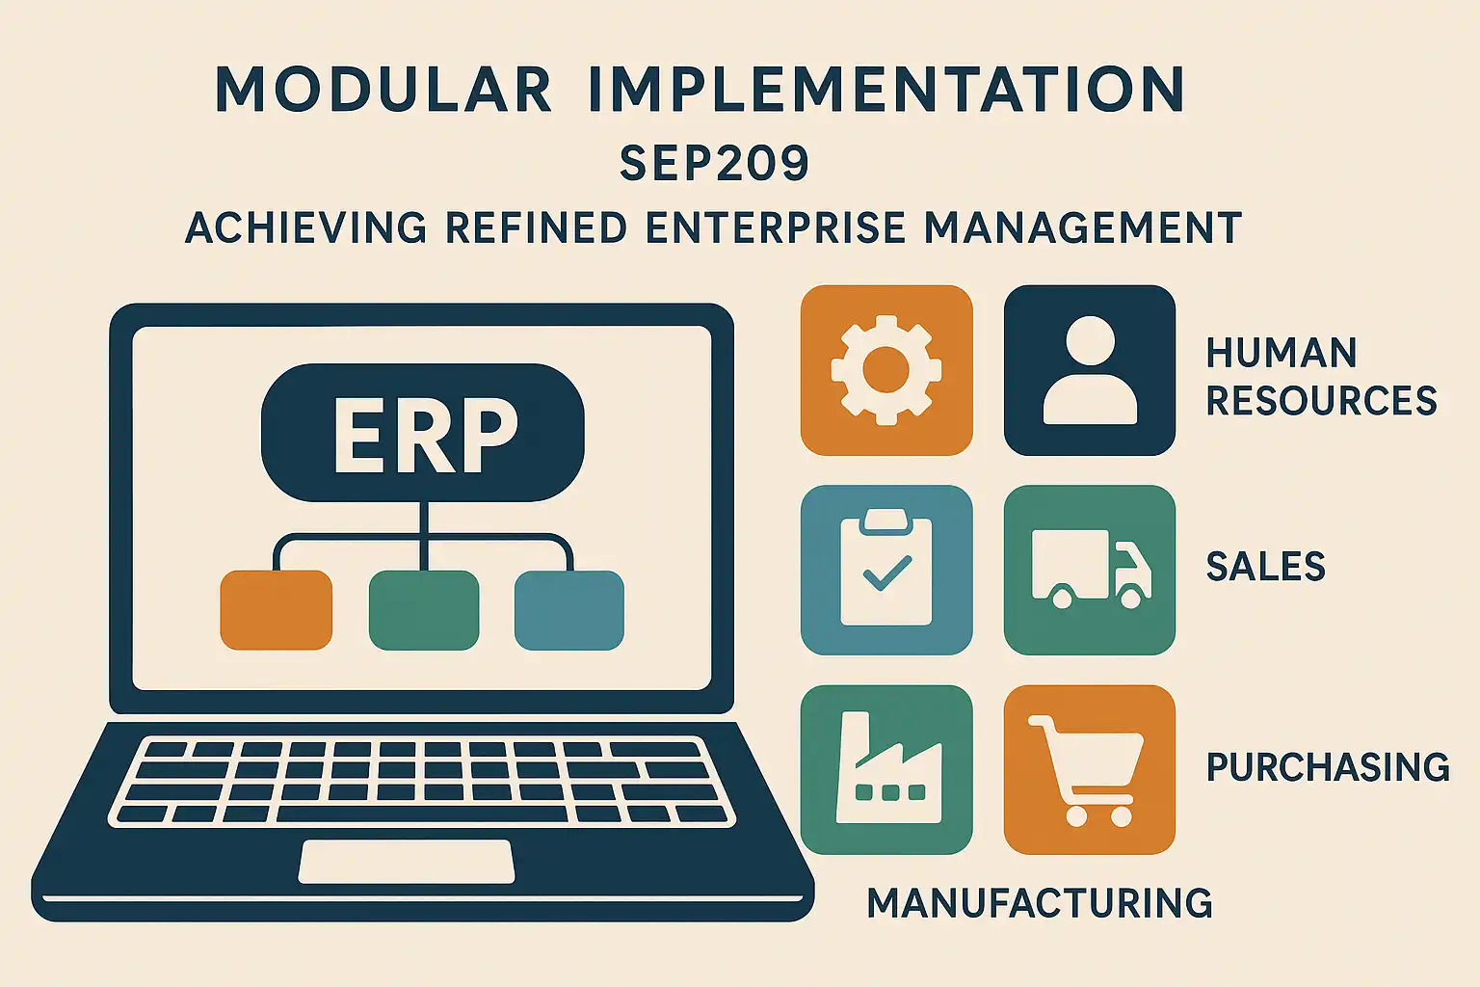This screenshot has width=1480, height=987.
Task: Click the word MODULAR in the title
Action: (x=383, y=90)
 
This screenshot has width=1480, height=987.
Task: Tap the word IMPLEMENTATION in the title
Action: (x=886, y=90)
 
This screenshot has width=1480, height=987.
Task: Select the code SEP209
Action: (x=714, y=163)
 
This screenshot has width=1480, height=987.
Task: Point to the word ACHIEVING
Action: (x=305, y=227)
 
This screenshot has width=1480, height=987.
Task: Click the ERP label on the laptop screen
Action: (x=424, y=435)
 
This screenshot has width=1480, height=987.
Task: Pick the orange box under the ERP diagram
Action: (x=277, y=609)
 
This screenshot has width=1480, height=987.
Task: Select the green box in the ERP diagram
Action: (x=424, y=609)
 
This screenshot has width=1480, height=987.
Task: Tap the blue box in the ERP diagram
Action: (x=568, y=609)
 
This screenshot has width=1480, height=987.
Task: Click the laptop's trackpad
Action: (x=407, y=862)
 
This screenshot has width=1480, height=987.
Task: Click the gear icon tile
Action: (x=886, y=370)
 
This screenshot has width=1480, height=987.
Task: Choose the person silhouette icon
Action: (x=1090, y=370)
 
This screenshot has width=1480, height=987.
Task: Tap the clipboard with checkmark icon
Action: (x=886, y=567)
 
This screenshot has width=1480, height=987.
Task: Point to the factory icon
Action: (x=888, y=767)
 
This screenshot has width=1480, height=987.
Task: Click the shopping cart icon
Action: (x=1086, y=771)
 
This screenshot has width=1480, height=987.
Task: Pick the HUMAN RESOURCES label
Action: (x=1321, y=376)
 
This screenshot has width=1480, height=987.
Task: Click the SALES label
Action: (x=1266, y=567)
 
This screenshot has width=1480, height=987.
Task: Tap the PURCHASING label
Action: (x=1328, y=767)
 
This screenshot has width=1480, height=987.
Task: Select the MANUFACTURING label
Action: (x=1040, y=903)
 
